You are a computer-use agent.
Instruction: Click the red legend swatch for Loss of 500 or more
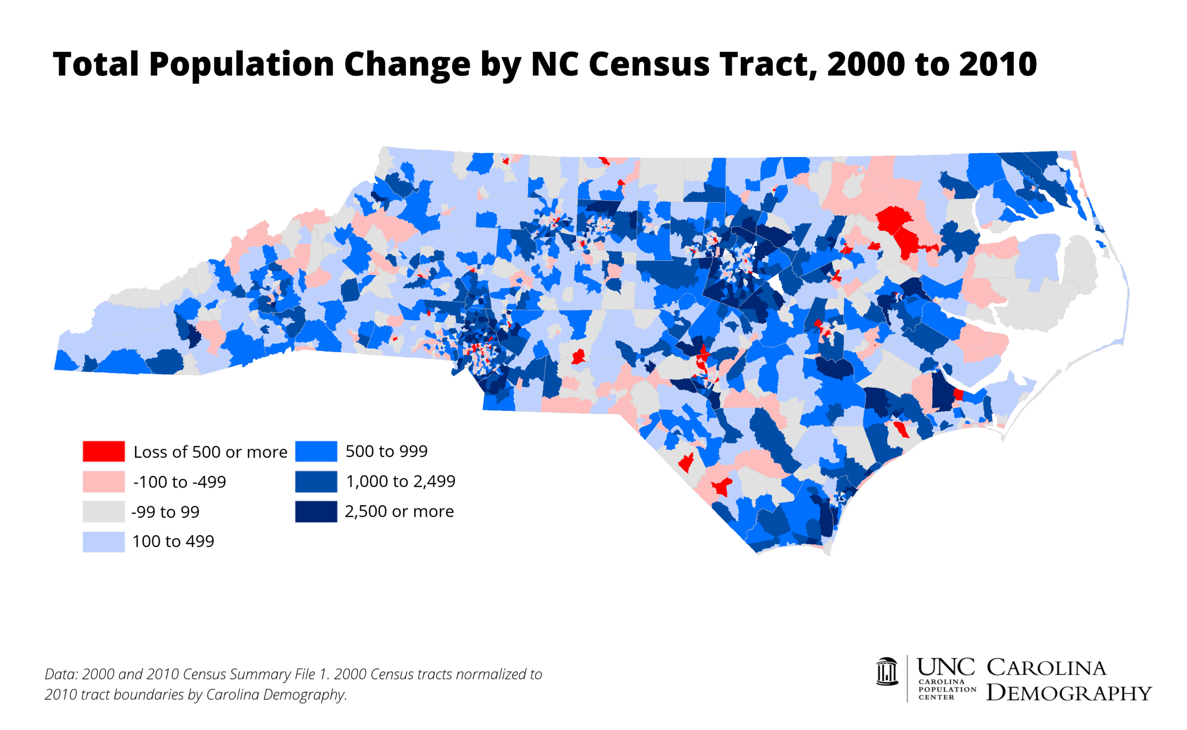(103, 451)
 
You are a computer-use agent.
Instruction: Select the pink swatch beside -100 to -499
(103, 482)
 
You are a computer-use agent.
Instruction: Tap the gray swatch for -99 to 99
(103, 511)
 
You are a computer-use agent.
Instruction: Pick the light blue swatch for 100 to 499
(103, 541)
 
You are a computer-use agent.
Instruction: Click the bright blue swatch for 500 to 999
(316, 451)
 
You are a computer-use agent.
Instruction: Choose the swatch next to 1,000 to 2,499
(316, 482)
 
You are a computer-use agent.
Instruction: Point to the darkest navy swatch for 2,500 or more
(316, 511)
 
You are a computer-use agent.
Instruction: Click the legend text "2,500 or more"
(399, 511)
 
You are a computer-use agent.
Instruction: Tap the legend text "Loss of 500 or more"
(210, 452)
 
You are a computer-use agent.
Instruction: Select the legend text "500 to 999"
(386, 451)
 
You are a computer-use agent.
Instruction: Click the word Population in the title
(242, 64)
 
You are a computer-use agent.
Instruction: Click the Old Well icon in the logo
(887, 672)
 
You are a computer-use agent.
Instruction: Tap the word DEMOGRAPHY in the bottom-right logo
(1069, 693)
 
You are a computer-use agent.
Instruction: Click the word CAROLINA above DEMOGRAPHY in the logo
(1046, 668)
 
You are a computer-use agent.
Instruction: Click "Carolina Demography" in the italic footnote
(276, 694)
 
